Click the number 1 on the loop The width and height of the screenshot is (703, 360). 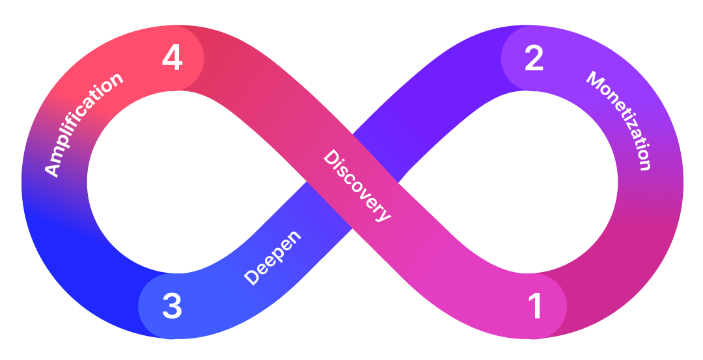[535, 306]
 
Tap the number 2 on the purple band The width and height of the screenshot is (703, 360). [534, 59]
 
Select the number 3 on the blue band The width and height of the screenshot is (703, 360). [172, 306]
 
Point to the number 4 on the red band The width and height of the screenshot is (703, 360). [172, 59]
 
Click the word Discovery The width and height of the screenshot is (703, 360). [357, 186]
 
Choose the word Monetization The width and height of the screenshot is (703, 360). [619, 120]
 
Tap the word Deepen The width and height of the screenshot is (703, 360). [273, 257]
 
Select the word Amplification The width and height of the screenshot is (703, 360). [83, 124]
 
